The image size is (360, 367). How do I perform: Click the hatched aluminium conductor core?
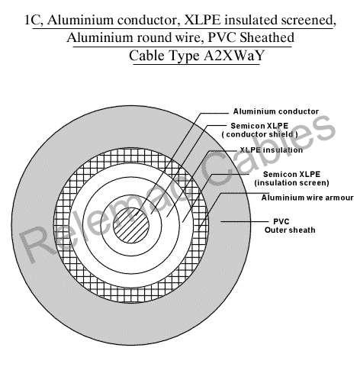130,225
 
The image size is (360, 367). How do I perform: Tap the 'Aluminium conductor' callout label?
276,111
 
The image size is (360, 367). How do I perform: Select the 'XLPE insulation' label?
272,150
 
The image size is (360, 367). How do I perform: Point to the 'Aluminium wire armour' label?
307,198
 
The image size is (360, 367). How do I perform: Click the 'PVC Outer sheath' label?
290,226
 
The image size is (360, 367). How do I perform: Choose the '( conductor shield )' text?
259,134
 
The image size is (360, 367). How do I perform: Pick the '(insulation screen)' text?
291,182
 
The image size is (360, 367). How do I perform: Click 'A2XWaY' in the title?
234,55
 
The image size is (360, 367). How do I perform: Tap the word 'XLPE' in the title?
202,20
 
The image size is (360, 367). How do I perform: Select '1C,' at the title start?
34,21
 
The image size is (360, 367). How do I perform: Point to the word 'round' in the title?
151,37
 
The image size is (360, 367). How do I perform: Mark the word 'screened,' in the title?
309,21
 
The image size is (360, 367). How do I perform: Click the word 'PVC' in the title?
223,37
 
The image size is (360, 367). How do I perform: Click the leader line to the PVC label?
244,221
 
